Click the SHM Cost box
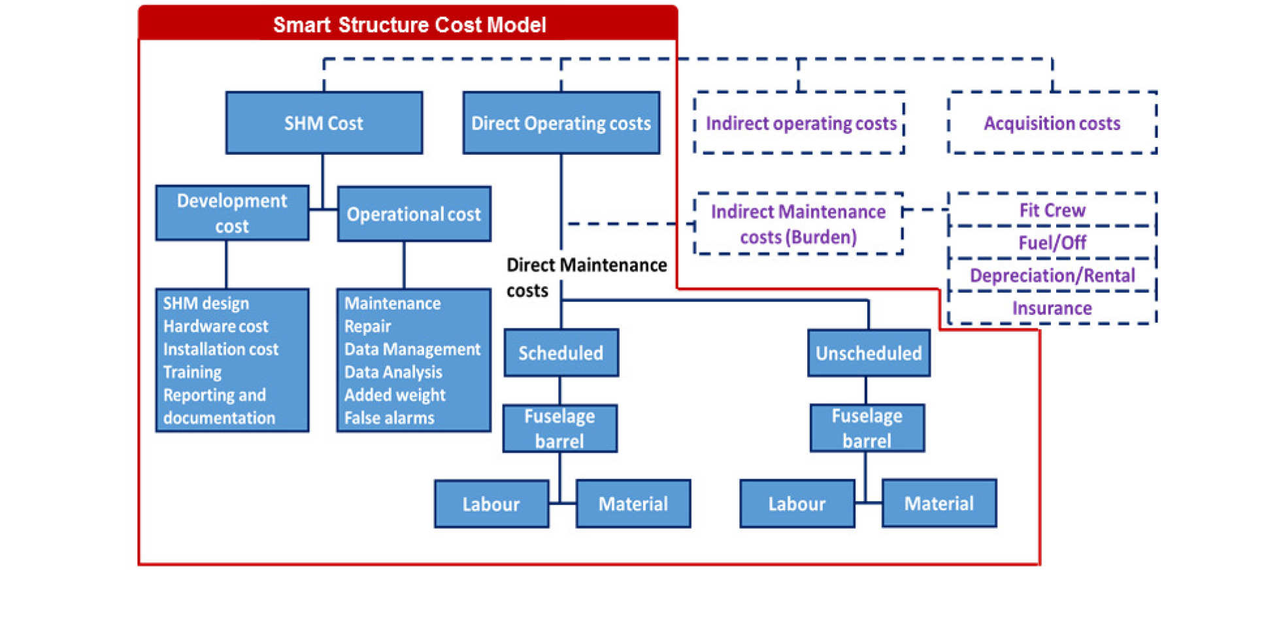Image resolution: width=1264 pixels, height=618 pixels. click(324, 123)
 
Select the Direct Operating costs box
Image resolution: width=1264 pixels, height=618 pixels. click(561, 123)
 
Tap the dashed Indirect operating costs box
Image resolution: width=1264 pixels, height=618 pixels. click(799, 123)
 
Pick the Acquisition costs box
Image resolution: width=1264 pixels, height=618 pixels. click(1052, 123)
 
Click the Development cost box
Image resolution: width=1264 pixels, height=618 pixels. click(232, 213)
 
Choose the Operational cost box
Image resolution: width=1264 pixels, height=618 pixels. click(414, 214)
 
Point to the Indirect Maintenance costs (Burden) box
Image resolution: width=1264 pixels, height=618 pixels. click(798, 223)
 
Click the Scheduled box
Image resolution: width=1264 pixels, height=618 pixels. click(561, 353)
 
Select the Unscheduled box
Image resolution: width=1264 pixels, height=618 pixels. click(868, 353)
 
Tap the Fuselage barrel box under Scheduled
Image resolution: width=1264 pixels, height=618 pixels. click(559, 428)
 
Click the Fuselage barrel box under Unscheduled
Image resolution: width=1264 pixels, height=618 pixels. click(867, 428)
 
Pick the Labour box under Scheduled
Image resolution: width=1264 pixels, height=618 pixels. click(491, 504)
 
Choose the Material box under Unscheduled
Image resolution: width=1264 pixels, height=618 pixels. click(939, 503)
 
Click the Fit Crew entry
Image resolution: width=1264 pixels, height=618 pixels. click(1052, 210)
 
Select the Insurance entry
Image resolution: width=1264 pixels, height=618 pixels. click(1052, 308)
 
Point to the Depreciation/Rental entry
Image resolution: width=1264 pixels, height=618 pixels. click(1052, 275)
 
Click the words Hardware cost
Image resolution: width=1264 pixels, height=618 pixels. click(216, 326)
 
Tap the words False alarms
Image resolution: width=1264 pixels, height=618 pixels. click(389, 417)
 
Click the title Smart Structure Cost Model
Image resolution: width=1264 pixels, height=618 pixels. click(409, 25)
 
